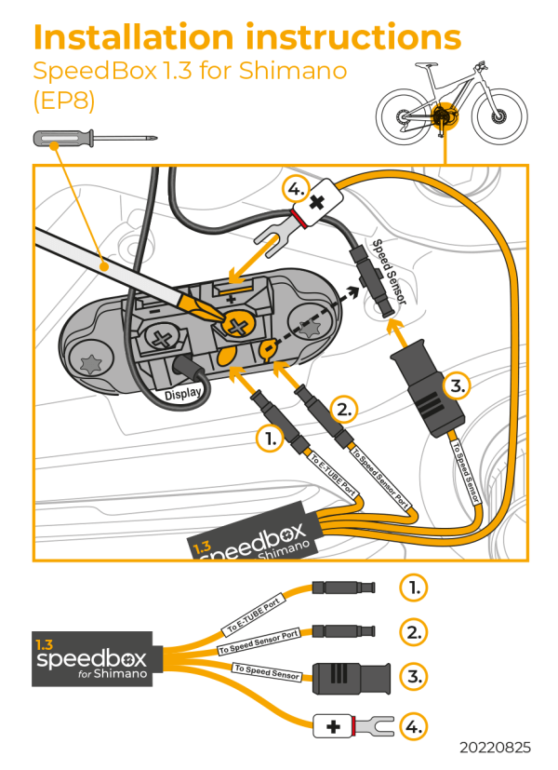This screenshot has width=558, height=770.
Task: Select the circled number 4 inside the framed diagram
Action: pyautogui.click(x=295, y=191)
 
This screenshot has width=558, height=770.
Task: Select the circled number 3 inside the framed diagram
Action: pyautogui.click(x=455, y=384)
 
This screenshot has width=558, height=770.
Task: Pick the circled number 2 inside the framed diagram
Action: pyautogui.click(x=344, y=408)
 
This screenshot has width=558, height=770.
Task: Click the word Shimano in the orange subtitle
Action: pyautogui.click(x=296, y=72)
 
